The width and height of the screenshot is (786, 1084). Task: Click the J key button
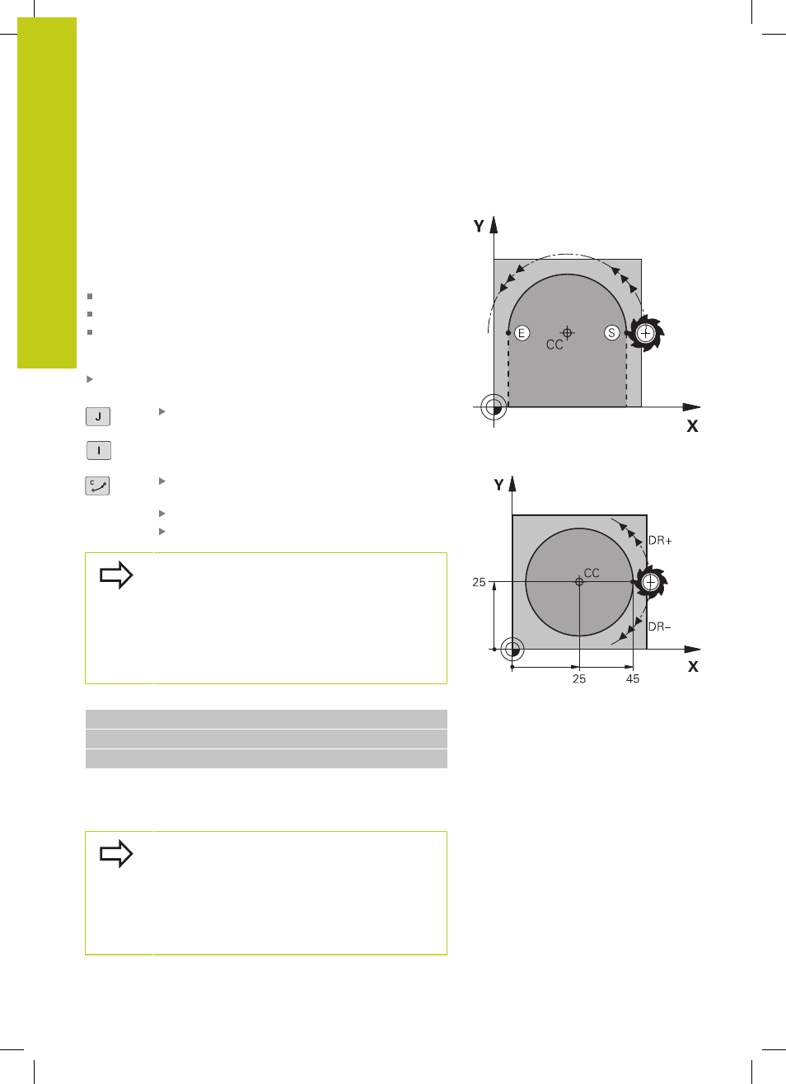pos(98,416)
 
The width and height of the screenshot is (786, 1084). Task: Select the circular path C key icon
pos(98,486)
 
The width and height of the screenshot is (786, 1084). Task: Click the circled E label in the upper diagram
pos(522,333)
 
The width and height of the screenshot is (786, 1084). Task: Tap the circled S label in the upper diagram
pos(612,333)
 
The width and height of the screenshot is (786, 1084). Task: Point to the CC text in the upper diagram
pos(554,345)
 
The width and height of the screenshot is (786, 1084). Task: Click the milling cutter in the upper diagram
pos(646,333)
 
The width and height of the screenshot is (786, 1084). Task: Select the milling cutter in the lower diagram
pos(651,582)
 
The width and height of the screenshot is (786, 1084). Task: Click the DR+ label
pos(660,541)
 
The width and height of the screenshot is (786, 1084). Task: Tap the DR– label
pos(660,626)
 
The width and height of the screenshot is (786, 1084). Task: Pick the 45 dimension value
pos(633,679)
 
